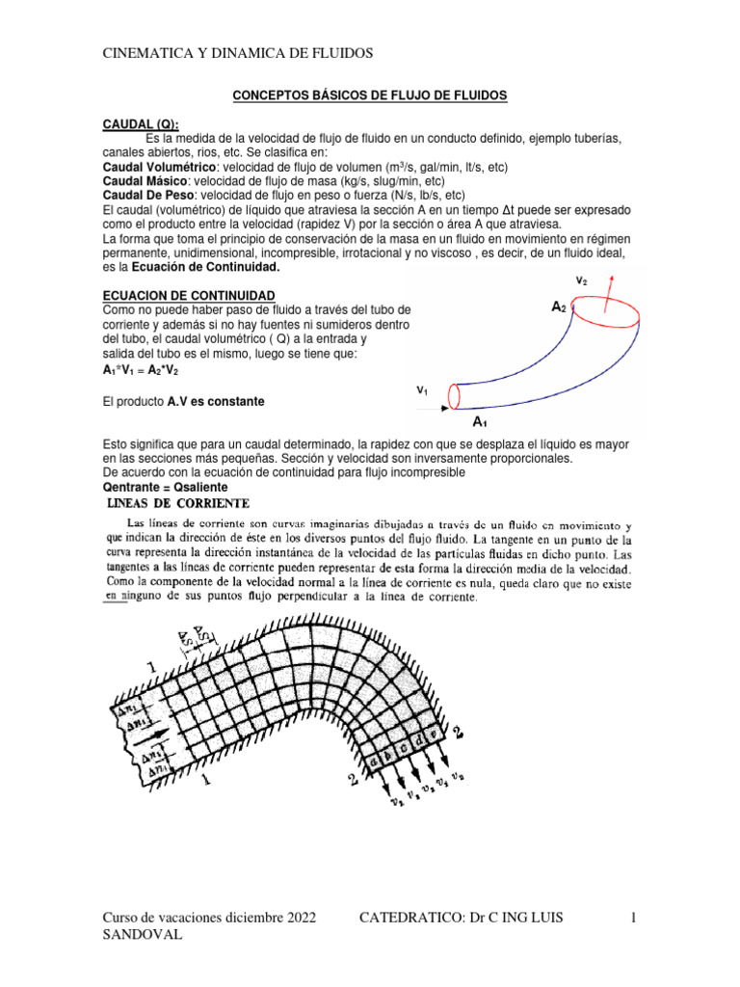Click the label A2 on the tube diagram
click(x=559, y=307)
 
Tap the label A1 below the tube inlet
click(x=479, y=422)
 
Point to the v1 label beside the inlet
click(x=422, y=391)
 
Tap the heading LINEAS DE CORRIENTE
click(x=177, y=503)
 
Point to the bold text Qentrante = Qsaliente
click(x=167, y=488)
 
